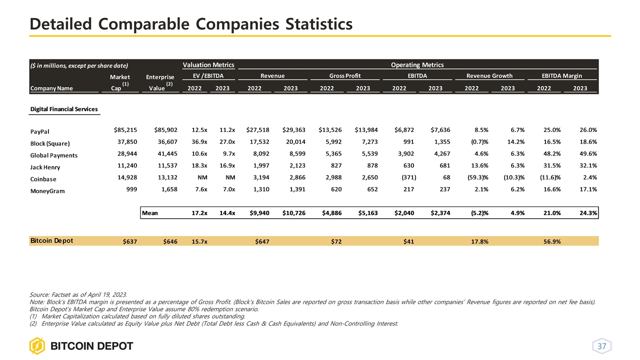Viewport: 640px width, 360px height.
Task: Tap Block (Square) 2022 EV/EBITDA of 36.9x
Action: [196, 142]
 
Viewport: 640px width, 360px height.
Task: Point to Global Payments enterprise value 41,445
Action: [164, 154]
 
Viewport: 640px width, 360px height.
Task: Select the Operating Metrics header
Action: [417, 64]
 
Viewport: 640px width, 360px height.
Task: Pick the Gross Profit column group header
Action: [344, 76]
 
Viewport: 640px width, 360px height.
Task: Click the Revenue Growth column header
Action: [489, 76]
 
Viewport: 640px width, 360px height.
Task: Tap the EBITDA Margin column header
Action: [561, 76]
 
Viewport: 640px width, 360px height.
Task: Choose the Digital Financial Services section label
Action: [64, 109]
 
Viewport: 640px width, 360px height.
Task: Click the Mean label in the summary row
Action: [150, 213]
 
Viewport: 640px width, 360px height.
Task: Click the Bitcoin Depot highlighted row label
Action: [51, 241]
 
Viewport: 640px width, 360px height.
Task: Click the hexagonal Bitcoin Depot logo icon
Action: [37, 346]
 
